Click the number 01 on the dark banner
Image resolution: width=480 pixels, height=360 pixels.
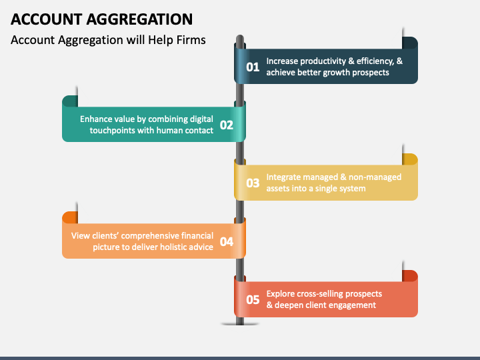(x=253, y=67)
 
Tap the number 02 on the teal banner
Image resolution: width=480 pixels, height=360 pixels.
(x=227, y=125)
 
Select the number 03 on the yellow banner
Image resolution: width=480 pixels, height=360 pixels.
(x=253, y=183)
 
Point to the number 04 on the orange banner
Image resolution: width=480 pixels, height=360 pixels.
(x=227, y=241)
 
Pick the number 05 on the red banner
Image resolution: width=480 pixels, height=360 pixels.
(x=253, y=300)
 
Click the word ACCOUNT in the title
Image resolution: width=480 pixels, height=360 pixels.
(x=47, y=19)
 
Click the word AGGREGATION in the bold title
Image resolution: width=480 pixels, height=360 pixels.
(x=139, y=19)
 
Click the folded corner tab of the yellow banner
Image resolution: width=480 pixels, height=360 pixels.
(x=410, y=159)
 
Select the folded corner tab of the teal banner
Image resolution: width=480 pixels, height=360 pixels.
(x=70, y=101)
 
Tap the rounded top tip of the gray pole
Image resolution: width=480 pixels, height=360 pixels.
(x=240, y=37)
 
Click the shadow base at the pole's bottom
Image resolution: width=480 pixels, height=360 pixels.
(x=240, y=324)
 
